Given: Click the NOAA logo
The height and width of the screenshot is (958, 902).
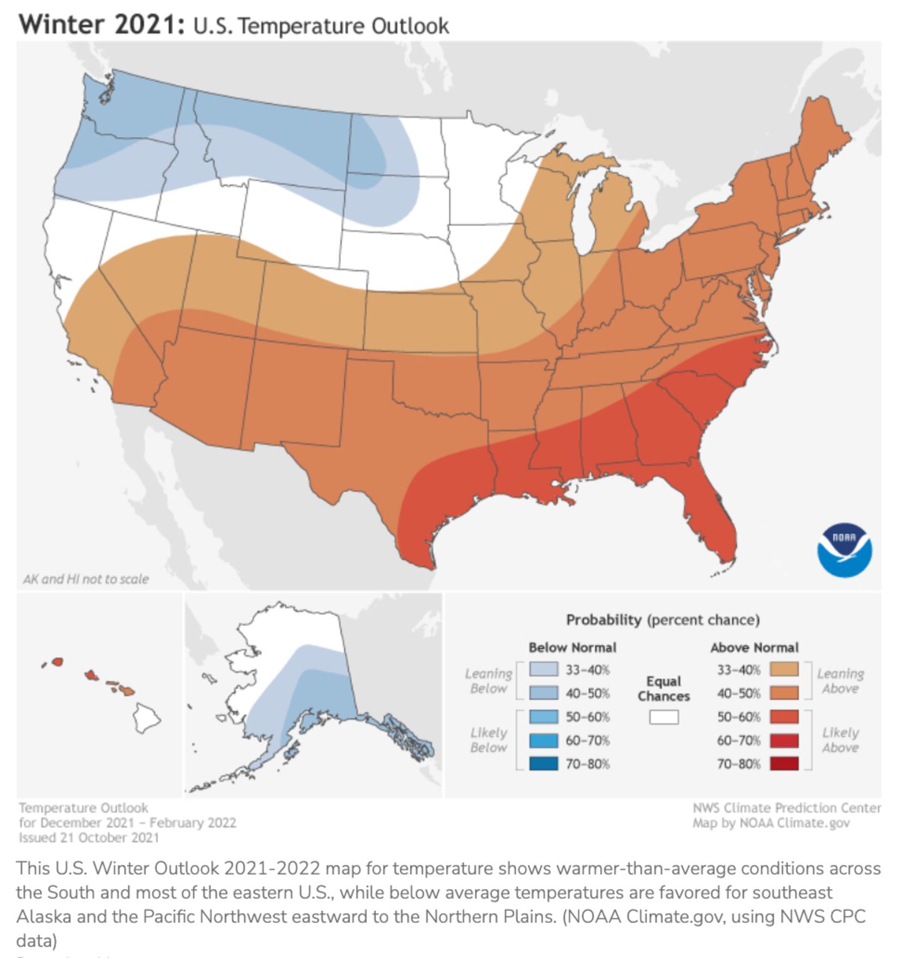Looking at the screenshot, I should click(x=844, y=551).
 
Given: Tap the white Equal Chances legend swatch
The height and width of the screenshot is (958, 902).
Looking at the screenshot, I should click(x=663, y=717).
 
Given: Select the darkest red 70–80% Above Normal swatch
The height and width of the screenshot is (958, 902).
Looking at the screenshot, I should click(x=784, y=764).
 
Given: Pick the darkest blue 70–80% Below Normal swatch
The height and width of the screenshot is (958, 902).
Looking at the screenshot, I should click(x=543, y=764).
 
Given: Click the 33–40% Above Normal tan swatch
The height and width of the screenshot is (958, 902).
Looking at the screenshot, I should click(x=784, y=670).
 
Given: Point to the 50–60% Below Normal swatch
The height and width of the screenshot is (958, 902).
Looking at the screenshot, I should click(x=543, y=717).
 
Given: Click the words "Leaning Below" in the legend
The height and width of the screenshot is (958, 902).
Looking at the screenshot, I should click(x=488, y=681).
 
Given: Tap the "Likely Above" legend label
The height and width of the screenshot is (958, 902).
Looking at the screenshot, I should click(x=840, y=740).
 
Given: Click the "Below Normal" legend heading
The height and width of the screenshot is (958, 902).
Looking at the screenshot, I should click(x=572, y=647).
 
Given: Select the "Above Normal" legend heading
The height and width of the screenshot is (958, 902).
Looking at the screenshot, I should click(x=754, y=647).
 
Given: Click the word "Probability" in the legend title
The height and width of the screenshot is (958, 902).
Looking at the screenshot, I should click(x=604, y=620).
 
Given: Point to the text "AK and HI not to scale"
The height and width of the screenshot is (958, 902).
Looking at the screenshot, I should click(x=86, y=579).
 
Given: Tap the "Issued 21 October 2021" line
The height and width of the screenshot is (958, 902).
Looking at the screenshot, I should click(x=88, y=838).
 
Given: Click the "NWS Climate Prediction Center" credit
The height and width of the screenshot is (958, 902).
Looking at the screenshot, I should click(x=786, y=808).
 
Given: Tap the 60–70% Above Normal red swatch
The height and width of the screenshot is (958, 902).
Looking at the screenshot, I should click(x=784, y=741).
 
